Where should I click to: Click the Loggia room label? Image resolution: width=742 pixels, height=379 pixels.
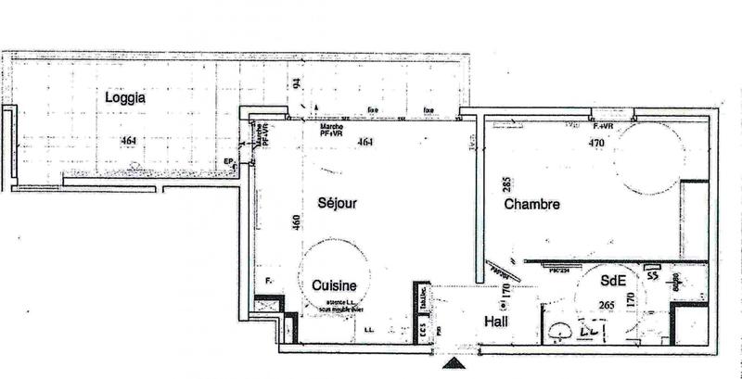125,97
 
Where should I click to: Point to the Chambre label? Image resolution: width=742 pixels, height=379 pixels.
531,205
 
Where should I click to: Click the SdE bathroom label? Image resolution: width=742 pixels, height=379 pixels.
611,281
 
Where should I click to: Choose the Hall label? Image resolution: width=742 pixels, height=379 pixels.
500,322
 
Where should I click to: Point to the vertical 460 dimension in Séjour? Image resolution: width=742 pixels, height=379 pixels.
297,224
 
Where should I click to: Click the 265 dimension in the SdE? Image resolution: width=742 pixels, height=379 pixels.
608,306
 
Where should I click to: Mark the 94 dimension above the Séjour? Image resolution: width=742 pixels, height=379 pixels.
297,83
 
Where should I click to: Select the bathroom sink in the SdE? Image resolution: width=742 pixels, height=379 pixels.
559,331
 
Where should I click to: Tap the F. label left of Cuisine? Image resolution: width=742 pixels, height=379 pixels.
269,280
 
